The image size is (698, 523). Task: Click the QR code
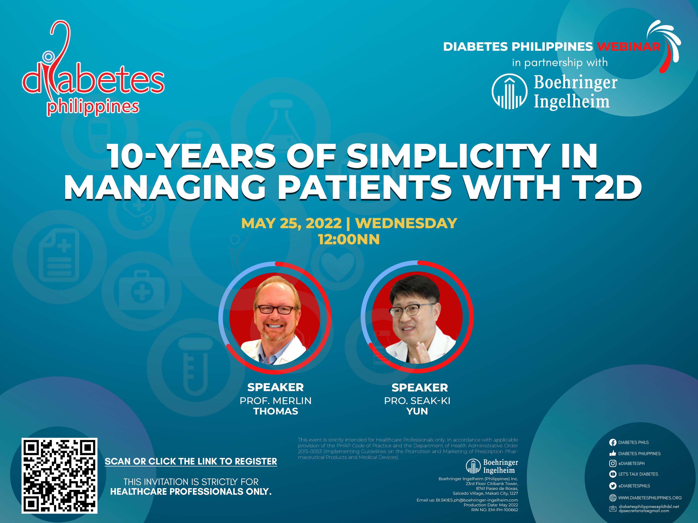[59, 475]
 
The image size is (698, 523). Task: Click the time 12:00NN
[349, 239]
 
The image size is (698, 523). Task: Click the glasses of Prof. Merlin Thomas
[276, 309]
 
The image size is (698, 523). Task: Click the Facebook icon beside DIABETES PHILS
[612, 442]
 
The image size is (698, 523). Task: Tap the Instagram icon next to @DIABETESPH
[612, 463]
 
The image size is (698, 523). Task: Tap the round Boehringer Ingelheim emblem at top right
[509, 91]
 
